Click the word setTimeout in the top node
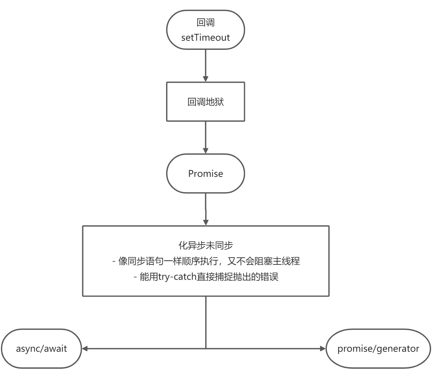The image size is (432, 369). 206,37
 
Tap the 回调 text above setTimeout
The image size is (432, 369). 206,22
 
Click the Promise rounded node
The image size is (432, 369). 206,173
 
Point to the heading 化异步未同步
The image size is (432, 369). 206,245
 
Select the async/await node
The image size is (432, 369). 41,349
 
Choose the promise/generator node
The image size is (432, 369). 378,349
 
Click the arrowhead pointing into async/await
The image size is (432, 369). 85,349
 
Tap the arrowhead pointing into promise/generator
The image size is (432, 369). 323,349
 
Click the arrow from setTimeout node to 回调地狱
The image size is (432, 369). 206,65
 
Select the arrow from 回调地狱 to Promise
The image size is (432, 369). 206,137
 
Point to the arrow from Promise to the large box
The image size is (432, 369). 206,208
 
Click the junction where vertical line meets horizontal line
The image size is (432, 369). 206,349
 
